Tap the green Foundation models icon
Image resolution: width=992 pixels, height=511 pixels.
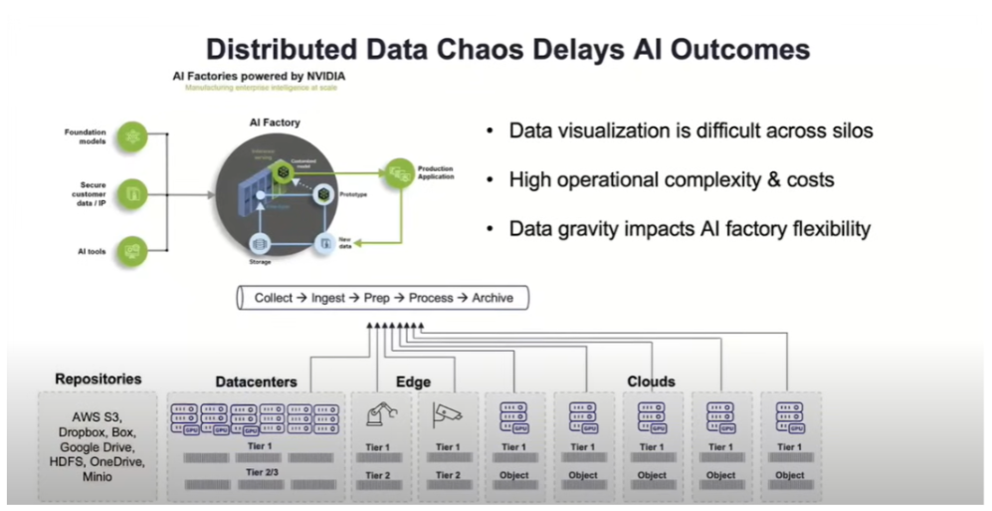tap(131, 136)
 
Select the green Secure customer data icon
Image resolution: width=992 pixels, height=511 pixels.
tap(131, 192)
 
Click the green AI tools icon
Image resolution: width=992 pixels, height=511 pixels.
tap(131, 249)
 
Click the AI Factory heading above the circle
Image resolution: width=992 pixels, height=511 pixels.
tap(274, 122)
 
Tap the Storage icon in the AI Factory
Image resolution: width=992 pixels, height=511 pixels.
tap(260, 242)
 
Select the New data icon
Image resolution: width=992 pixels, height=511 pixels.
tap(325, 242)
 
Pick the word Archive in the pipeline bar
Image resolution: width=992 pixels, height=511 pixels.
tap(493, 298)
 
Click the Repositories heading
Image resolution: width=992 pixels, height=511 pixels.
tap(99, 380)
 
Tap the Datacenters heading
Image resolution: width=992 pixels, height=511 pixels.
tap(256, 383)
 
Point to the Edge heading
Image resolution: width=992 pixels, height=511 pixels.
tap(413, 382)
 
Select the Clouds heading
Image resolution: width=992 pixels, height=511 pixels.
tap(651, 382)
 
